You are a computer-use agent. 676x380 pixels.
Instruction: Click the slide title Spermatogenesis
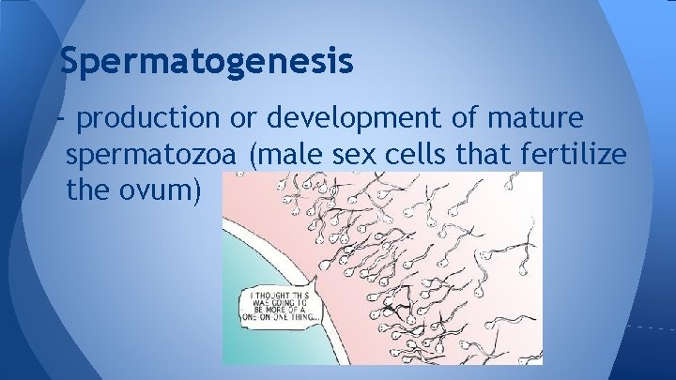coord(206,61)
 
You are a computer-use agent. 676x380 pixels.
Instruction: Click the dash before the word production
coord(62,119)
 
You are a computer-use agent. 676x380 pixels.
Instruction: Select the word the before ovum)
coord(90,190)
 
